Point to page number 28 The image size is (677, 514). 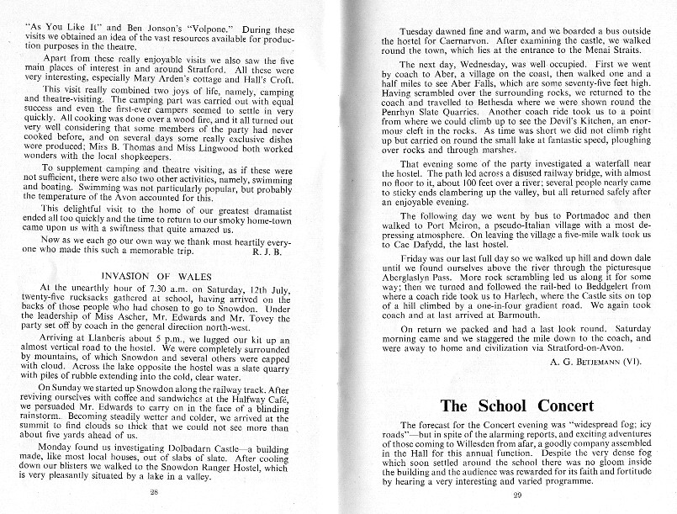[x=154, y=491]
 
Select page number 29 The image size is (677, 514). [x=516, y=493]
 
